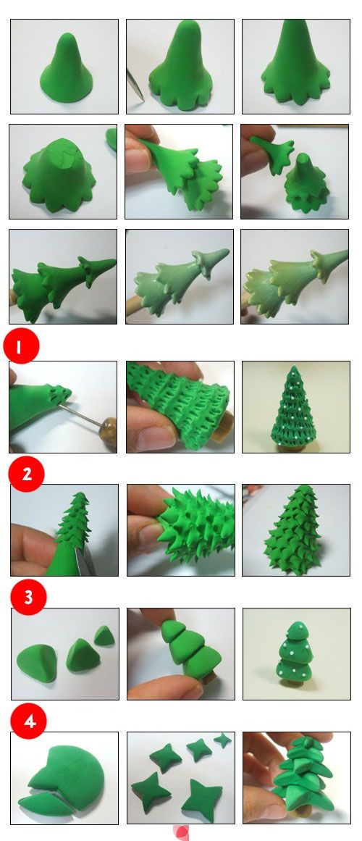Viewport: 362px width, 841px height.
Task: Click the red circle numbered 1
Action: click(x=21, y=346)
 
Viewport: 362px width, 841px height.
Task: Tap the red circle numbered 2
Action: click(x=26, y=474)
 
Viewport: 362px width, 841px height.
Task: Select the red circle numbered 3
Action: click(x=28, y=596)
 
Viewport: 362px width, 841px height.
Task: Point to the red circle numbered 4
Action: click(x=28, y=721)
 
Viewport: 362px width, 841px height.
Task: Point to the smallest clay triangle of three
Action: click(x=104, y=635)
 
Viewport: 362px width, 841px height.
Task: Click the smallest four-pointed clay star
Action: click(x=222, y=741)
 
